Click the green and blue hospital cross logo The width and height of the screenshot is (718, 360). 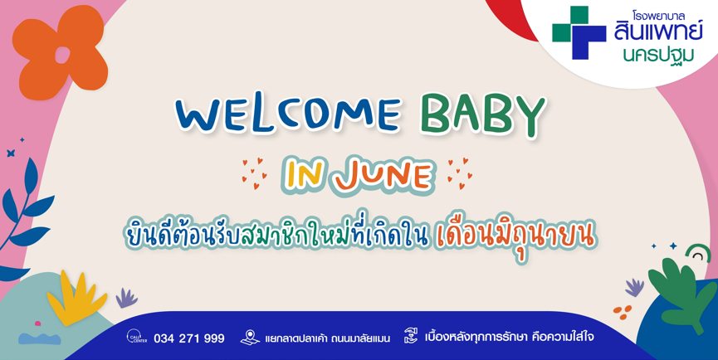pyautogui.click(x=579, y=32)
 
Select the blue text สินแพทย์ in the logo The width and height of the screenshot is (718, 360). pyautogui.click(x=658, y=31)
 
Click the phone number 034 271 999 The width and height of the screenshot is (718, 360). pyautogui.click(x=189, y=338)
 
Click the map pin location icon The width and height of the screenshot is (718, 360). pyautogui.click(x=250, y=337)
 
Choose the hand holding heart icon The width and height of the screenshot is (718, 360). pyautogui.click(x=411, y=336)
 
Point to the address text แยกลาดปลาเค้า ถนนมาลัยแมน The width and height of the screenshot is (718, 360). pyautogui.click(x=327, y=338)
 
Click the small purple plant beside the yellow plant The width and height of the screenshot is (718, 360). pyautogui.click(x=126, y=299)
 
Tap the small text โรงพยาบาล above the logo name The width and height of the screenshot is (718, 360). pyautogui.click(x=658, y=16)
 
